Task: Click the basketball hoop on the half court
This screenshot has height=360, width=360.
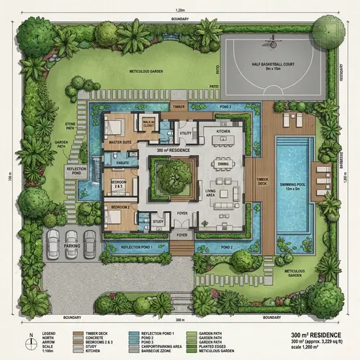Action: (273, 44)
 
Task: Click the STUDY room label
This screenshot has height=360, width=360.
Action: (158, 222)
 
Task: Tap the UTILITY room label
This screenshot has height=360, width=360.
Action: (185, 133)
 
